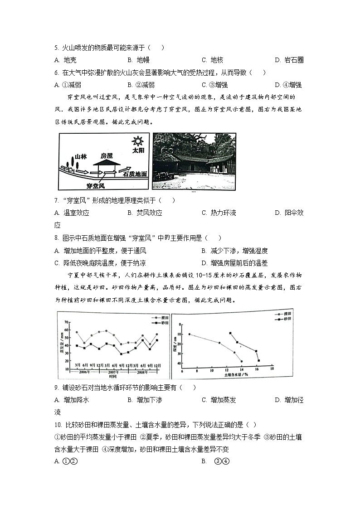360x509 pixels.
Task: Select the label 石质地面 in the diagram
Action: (135, 174)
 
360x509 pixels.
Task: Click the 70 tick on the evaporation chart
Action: (66, 322)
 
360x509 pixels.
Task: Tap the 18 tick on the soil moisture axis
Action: (272, 370)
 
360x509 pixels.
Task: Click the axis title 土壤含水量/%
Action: (236, 375)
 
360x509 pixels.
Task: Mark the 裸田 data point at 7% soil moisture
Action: (189, 334)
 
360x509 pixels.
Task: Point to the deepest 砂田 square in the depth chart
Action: (258, 361)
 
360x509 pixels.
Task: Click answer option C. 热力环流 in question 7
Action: (219, 213)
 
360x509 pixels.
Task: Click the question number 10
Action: (57, 424)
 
